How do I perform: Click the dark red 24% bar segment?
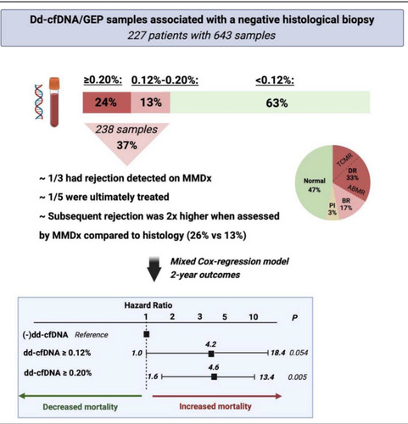(x=107, y=103)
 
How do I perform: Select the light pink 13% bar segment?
(x=150, y=103)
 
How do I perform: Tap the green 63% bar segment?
(x=270, y=103)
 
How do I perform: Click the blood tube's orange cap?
(x=54, y=83)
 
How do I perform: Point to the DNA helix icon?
(x=39, y=102)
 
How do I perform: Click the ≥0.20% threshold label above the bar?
(x=103, y=81)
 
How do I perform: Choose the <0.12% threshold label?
(x=275, y=81)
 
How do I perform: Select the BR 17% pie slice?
(x=346, y=205)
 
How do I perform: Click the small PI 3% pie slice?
(x=333, y=209)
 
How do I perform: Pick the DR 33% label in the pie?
(x=352, y=174)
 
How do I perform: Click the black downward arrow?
(x=154, y=270)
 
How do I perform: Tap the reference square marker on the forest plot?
(x=147, y=334)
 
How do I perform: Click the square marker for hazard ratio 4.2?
(x=211, y=354)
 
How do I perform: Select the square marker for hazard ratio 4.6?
(x=214, y=377)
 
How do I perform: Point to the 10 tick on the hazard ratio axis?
(x=254, y=317)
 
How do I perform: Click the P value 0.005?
(x=298, y=377)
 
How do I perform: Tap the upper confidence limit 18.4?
(x=278, y=353)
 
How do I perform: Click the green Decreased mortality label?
(x=81, y=407)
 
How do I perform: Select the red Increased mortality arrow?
(x=217, y=396)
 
